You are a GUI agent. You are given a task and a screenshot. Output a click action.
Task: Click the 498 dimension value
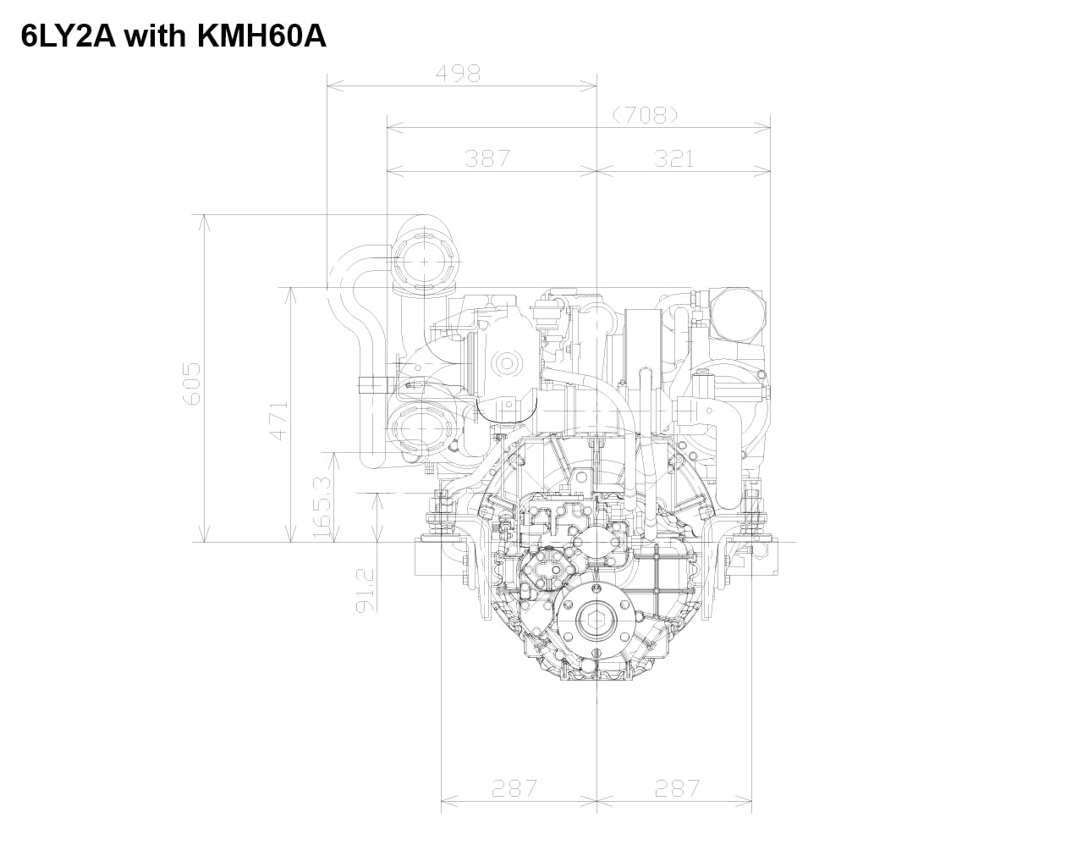click(458, 75)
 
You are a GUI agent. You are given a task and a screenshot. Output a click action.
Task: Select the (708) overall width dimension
click(646, 116)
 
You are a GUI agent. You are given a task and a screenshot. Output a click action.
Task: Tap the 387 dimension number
click(487, 159)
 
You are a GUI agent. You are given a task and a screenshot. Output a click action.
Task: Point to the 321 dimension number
click(673, 159)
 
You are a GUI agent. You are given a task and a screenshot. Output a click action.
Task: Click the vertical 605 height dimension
click(192, 384)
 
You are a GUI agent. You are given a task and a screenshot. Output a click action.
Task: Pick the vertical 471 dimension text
click(279, 421)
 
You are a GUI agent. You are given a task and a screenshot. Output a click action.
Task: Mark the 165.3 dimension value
click(322, 507)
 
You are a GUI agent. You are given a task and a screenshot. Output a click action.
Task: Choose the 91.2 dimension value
click(366, 591)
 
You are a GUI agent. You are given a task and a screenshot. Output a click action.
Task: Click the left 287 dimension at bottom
click(514, 788)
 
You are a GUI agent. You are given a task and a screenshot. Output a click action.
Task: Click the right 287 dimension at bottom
click(678, 788)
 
